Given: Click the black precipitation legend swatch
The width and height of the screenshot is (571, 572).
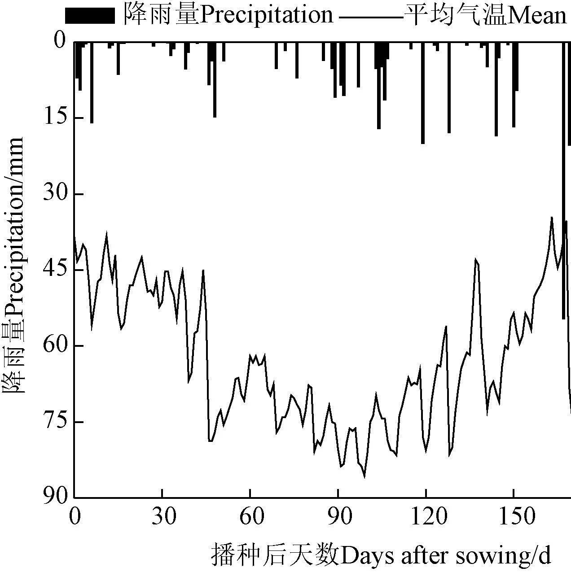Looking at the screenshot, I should pyautogui.click(x=90, y=16).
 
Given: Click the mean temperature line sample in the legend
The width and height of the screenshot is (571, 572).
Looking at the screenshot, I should pyautogui.click(x=370, y=17).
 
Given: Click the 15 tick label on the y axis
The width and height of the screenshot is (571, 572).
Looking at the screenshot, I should pyautogui.click(x=53, y=118).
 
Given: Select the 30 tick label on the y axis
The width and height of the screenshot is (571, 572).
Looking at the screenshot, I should pyautogui.click(x=53, y=194).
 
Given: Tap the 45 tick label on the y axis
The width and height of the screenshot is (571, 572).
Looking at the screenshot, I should pyautogui.click(x=53, y=270).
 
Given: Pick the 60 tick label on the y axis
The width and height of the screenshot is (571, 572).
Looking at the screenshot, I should pyautogui.click(x=53, y=346).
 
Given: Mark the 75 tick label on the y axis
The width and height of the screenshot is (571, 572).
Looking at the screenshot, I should pyautogui.click(x=53, y=422).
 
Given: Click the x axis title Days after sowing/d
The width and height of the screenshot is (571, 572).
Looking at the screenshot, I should pyautogui.click(x=381, y=555).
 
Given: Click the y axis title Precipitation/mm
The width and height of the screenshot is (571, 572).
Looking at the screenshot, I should pyautogui.click(x=14, y=265).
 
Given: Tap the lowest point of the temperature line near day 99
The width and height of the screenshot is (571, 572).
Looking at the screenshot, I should pyautogui.click(x=365, y=477).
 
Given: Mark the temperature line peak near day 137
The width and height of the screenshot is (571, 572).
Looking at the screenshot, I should pyautogui.click(x=476, y=260).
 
